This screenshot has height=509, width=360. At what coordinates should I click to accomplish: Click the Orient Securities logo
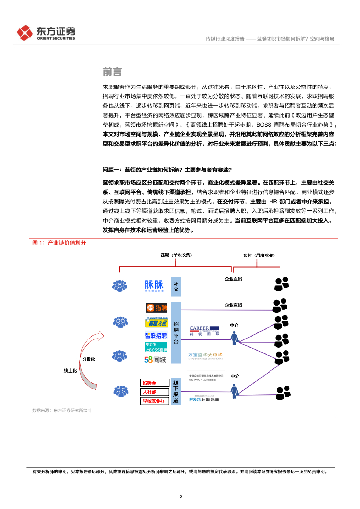(46, 33)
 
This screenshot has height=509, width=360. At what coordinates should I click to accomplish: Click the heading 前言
(112, 72)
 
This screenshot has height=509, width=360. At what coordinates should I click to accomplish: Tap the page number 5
(180, 496)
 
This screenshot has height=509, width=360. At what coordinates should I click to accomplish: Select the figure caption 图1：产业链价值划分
(59, 243)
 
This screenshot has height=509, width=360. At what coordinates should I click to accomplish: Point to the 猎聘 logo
(156, 308)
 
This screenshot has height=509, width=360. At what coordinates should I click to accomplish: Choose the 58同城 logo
(156, 359)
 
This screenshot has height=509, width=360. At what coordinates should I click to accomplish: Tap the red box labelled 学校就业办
(153, 401)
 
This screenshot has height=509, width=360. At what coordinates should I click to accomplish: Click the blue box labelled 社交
(176, 286)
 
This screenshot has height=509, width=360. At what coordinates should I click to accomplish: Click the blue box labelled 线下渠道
(176, 391)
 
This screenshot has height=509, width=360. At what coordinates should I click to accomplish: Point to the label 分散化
(88, 359)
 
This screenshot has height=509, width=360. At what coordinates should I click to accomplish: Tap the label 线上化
(70, 371)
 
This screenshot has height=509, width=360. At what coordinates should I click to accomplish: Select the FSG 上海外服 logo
(207, 399)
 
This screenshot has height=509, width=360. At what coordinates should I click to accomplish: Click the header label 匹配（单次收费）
(176, 255)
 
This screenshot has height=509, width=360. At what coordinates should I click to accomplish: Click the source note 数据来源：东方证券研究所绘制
(62, 410)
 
